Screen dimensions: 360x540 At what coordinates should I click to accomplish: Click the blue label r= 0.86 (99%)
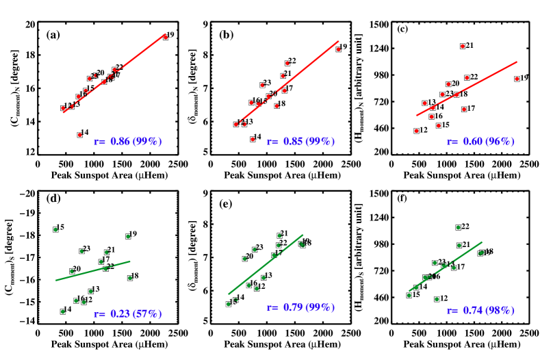coord(128,142)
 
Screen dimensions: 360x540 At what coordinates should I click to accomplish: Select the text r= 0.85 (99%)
coord(300,142)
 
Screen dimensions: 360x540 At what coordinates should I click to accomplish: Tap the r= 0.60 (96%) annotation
coord(480,142)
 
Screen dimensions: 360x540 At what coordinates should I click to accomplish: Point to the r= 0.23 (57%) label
coord(128,314)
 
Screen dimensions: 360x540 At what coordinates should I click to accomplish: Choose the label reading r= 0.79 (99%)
coord(300,308)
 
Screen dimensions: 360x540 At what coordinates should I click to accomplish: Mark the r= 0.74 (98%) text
coord(480,311)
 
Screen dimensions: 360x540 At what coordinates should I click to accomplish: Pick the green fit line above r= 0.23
coord(92,270)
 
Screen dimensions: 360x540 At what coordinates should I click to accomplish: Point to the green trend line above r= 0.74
coord(445,266)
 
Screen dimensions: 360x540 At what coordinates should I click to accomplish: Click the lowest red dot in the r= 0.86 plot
coord(80,135)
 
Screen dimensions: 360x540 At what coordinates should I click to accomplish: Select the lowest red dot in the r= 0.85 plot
coord(253,140)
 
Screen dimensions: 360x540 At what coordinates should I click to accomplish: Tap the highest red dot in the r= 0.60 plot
coord(463,46)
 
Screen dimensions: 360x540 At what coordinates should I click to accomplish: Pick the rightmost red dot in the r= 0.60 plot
coord(517,79)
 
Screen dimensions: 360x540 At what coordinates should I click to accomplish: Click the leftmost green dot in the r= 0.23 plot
coord(55,229)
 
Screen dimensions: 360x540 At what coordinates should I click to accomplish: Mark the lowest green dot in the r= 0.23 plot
coord(63,311)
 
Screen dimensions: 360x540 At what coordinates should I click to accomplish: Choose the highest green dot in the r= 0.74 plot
coord(459,227)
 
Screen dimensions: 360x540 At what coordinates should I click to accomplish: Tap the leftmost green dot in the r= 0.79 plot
coord(229,304)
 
